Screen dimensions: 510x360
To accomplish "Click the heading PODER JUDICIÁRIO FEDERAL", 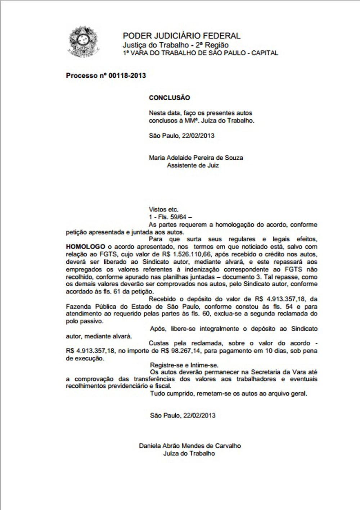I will tap(181, 36).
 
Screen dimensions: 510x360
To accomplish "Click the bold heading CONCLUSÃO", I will tap(169, 98).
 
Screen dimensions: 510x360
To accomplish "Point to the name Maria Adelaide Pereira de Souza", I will tap(196, 158).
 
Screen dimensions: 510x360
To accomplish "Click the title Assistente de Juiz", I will tap(193, 165).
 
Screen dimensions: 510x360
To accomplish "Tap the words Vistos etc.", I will tap(163, 209).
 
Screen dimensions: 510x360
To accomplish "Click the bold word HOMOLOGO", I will tap(86, 247).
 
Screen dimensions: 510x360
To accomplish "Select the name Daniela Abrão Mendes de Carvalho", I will tap(190, 446).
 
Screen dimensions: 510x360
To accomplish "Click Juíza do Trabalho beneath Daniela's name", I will tap(189, 454).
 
